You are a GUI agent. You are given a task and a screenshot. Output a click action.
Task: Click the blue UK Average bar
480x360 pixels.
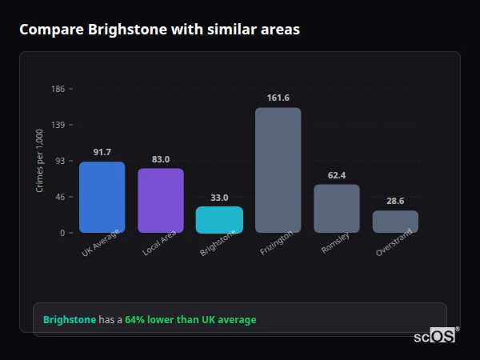102,197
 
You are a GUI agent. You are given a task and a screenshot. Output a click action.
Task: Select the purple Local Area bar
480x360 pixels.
161,200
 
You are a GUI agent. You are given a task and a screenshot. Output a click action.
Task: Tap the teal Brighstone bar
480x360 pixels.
219,219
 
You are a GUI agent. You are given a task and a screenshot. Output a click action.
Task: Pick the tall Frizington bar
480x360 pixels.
278,170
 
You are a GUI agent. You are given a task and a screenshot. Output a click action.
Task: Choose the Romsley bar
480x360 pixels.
336,208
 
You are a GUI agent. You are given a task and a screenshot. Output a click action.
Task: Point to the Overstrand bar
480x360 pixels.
395,222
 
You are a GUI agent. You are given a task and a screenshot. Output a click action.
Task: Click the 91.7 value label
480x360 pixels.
102,152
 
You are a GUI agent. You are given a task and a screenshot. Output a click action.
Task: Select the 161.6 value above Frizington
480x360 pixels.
278,98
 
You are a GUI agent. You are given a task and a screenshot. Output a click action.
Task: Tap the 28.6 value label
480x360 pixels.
395,201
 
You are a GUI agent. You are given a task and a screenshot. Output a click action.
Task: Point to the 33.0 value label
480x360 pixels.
219,197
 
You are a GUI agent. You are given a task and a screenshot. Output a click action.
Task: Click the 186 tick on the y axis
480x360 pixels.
58,89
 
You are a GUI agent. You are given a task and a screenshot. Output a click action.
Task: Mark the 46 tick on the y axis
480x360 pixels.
60,197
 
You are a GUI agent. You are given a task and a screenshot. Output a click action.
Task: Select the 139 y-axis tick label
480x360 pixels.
58,125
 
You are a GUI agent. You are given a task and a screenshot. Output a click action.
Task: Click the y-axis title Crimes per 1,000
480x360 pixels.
40,160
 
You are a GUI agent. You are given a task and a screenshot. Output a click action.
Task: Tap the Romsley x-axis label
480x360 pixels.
335,243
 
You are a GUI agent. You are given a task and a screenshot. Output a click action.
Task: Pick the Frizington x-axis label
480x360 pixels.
277,245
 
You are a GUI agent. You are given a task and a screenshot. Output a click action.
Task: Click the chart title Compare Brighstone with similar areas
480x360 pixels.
160,30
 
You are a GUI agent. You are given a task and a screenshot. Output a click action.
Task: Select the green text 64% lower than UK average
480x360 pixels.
190,320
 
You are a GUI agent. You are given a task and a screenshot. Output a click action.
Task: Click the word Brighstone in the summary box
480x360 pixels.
69,320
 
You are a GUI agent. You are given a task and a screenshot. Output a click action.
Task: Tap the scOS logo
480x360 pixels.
435,336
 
